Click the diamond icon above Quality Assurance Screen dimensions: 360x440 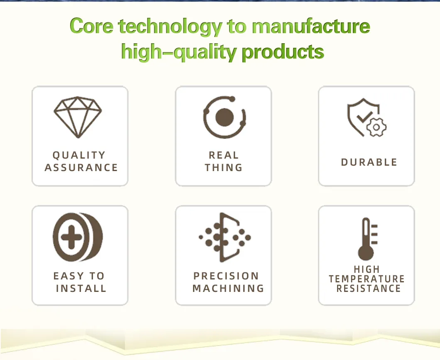tap(78, 117)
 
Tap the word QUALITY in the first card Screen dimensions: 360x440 tap(79, 155)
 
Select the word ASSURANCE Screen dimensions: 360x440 tap(81, 168)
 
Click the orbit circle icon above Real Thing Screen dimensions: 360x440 tap(225, 117)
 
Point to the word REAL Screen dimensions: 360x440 tap(224, 155)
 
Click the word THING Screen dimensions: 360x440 tap(224, 168)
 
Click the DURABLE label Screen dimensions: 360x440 tap(369, 162)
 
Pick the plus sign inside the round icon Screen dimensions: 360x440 tap(70, 237)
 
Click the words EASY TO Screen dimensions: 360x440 tap(79, 276)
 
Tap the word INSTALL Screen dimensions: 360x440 tap(81, 289)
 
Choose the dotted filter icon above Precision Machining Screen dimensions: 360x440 tap(225, 238)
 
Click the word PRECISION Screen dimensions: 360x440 tap(226, 276)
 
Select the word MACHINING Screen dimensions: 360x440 tap(228, 289)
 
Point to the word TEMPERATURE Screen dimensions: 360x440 tap(367, 279)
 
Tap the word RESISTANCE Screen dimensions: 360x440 tap(369, 289)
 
